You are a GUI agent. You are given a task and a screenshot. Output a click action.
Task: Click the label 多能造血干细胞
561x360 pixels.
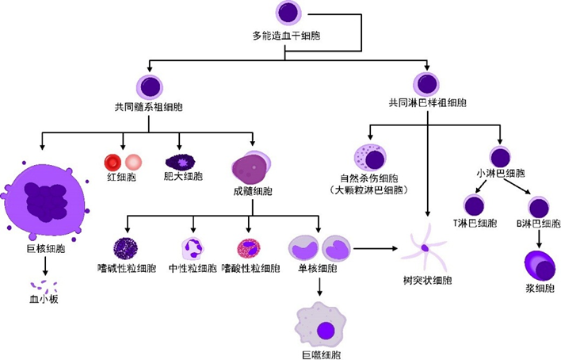(x=286, y=36)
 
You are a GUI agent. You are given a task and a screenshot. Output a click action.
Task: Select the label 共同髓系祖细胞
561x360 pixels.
(x=149, y=105)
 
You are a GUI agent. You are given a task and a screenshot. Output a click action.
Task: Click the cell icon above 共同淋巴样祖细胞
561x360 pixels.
(x=427, y=83)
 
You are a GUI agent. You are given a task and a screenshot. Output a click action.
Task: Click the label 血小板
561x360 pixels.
(x=44, y=301)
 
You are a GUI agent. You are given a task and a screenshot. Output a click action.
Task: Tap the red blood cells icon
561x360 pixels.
(x=123, y=162)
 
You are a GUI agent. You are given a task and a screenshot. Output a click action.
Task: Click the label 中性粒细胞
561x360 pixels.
(x=193, y=269)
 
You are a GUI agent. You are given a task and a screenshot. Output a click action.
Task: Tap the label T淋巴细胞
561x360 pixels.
(x=473, y=224)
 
